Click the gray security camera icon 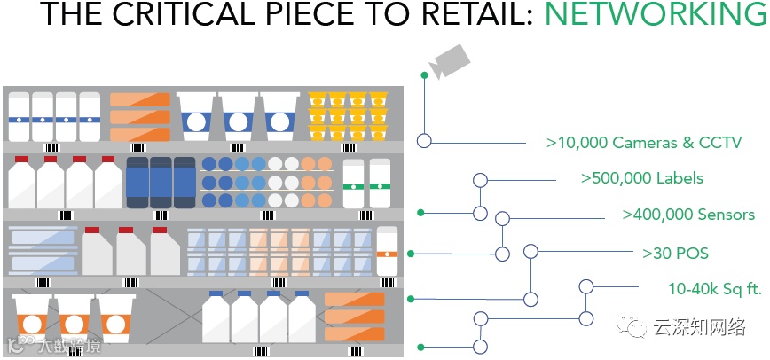tap(449, 60)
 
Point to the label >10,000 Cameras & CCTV tap(643, 142)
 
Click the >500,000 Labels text tap(642, 178)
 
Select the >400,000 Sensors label tap(688, 215)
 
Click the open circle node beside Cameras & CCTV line tap(424, 141)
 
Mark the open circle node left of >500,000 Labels tap(480, 180)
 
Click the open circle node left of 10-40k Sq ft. tap(585, 286)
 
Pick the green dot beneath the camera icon tap(424, 75)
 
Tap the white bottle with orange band tap(386, 251)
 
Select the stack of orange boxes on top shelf tap(139, 116)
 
